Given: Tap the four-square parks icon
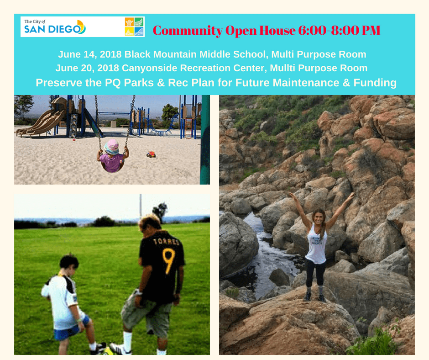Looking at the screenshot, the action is (134, 27).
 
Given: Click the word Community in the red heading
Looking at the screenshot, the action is (188, 31).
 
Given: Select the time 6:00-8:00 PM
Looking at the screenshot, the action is (339, 30).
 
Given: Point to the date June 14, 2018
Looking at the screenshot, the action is (90, 54).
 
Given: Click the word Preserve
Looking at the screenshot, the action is (59, 83).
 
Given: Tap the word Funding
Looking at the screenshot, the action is (375, 83).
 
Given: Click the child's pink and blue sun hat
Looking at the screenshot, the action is (112, 147).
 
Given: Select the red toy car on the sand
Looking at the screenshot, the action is (151, 154).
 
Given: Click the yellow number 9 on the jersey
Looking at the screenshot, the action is (168, 261).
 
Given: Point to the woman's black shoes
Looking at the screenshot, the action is (314, 296).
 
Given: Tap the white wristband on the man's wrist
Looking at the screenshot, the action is (139, 292).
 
